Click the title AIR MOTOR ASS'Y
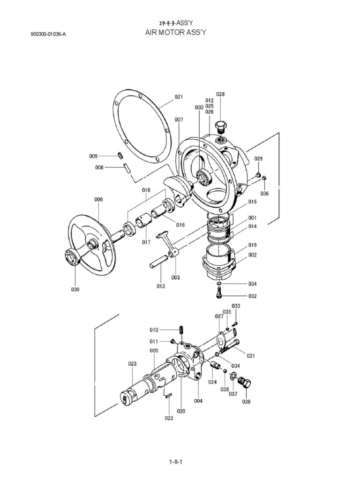180,32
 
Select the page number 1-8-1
176,462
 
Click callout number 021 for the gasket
179,97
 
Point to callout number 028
220,94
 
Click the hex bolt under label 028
221,127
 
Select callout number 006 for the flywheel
98,200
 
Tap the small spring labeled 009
120,155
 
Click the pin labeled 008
126,167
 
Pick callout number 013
161,286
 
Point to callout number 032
253,296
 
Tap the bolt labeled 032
219,294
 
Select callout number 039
246,402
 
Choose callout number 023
132,363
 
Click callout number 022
169,419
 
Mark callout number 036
264,194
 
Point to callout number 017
146,243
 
